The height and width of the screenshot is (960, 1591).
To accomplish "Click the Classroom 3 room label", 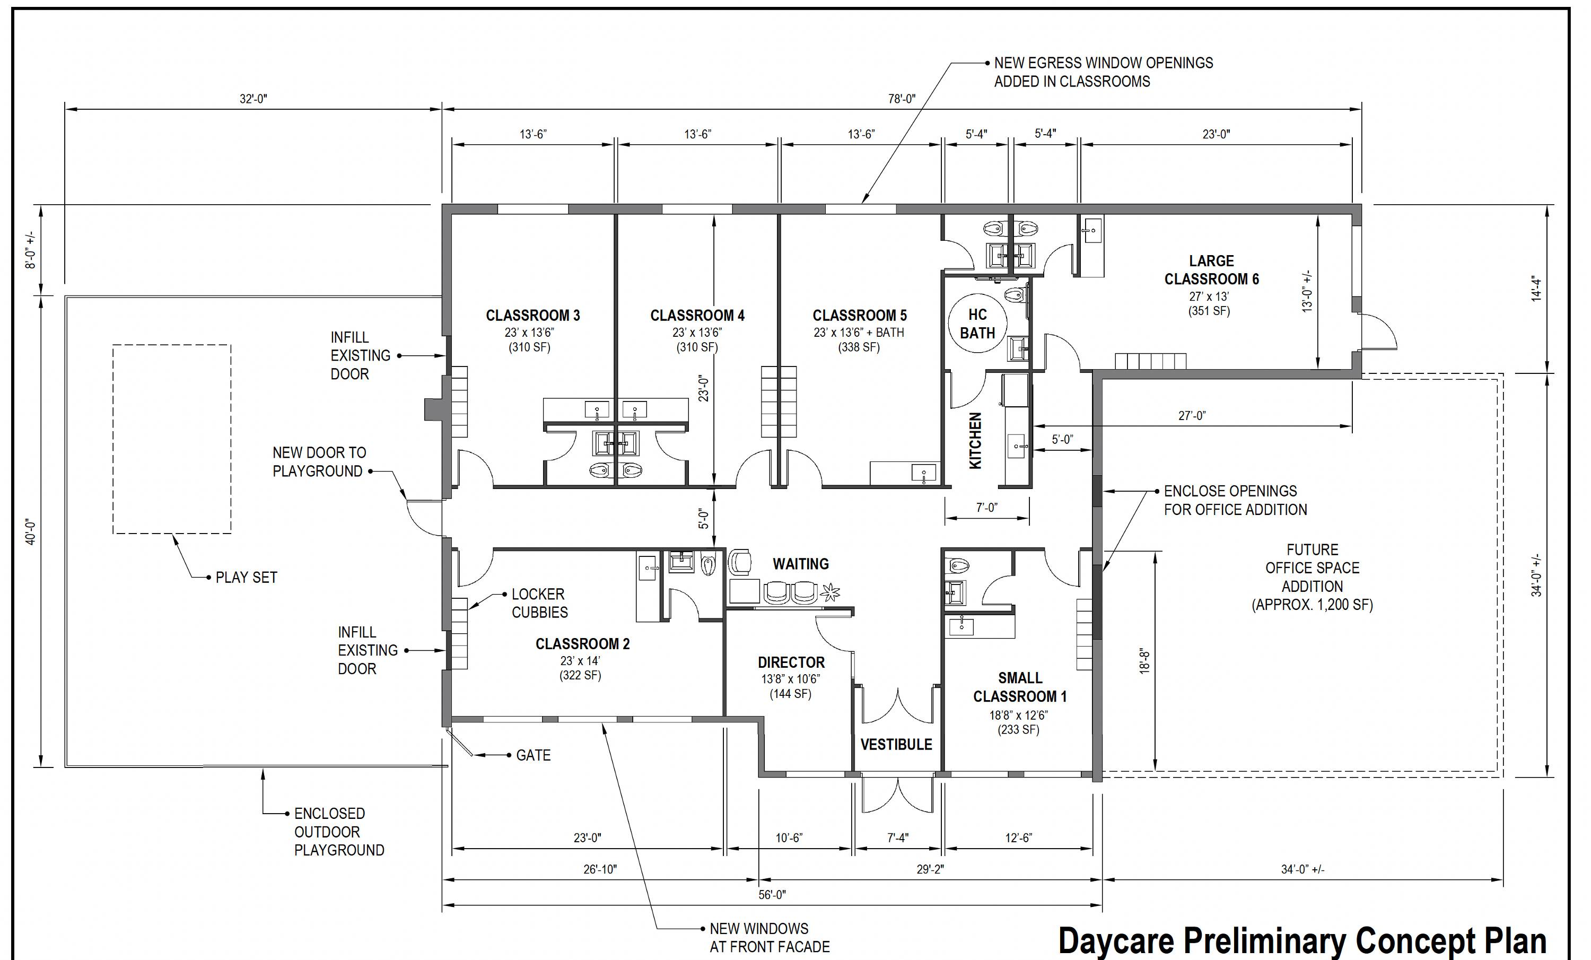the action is click(532, 316).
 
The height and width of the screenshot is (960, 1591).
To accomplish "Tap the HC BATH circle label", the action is click(977, 324).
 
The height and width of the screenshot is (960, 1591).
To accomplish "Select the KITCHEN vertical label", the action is click(976, 441).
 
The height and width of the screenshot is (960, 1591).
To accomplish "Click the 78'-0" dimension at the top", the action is click(902, 99).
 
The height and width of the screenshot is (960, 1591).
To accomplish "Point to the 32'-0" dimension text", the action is click(253, 99).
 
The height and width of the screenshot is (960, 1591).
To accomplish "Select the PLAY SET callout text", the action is click(247, 577).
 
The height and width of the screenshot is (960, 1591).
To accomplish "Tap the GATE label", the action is click(534, 755).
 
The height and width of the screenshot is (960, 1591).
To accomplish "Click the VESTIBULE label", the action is click(896, 744).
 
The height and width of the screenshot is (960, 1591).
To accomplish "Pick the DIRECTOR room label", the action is click(791, 662).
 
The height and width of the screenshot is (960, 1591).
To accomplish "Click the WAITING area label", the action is click(801, 564).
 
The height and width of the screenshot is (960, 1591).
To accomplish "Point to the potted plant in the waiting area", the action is click(831, 592).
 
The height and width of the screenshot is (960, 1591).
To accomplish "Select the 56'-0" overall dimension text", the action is click(772, 895).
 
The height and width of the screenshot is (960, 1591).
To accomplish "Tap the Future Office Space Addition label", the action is click(1312, 577).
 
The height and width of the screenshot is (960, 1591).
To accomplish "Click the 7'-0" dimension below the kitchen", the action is click(986, 508).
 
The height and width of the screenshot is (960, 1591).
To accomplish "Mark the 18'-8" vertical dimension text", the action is click(1145, 661).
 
